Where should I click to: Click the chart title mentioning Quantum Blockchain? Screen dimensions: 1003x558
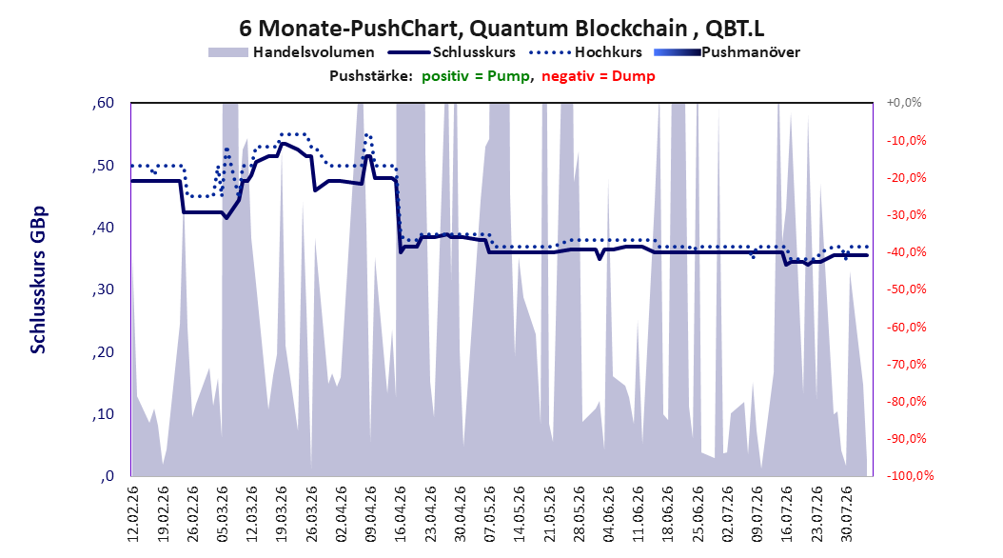[x=501, y=29]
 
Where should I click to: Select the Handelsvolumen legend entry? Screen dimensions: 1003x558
[x=292, y=52]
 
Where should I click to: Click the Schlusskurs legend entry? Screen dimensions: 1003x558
[x=452, y=52]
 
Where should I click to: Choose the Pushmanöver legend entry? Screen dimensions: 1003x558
[x=727, y=52]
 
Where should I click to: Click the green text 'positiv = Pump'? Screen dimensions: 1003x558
[x=476, y=76]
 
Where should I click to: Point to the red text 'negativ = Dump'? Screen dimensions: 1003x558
[x=599, y=76]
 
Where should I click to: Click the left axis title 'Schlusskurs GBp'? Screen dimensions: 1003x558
[x=38, y=280]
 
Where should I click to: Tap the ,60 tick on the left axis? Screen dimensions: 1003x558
[x=103, y=103]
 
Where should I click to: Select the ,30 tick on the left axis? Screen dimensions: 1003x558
[x=103, y=289]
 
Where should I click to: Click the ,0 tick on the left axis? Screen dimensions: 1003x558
[x=107, y=476]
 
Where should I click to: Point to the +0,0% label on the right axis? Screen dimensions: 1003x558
[x=904, y=103]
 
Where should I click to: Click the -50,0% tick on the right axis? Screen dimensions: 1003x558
[x=906, y=289]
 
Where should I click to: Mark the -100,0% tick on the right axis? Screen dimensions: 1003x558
[x=910, y=475]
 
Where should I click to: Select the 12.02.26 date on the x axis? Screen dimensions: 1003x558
[x=133, y=514]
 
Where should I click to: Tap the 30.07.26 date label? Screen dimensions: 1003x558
[x=846, y=514]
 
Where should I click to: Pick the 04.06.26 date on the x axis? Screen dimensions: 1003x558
[x=608, y=514]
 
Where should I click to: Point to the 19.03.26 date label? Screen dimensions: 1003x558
[x=282, y=514]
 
